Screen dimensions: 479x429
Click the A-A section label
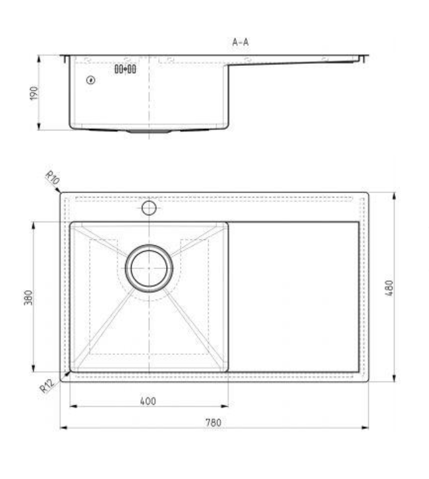(241, 42)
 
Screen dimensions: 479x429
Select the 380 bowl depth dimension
(27, 298)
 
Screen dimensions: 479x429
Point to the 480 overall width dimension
(389, 288)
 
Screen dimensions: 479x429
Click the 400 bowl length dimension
(148, 401)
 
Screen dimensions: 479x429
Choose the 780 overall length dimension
(212, 422)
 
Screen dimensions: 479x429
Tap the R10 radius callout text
(53, 177)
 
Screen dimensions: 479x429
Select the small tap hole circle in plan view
(149, 209)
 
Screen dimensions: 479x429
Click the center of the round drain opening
(149, 269)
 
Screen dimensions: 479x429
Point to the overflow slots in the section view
(125, 69)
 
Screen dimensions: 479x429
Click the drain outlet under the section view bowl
(149, 131)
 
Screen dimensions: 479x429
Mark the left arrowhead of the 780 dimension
(63, 428)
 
